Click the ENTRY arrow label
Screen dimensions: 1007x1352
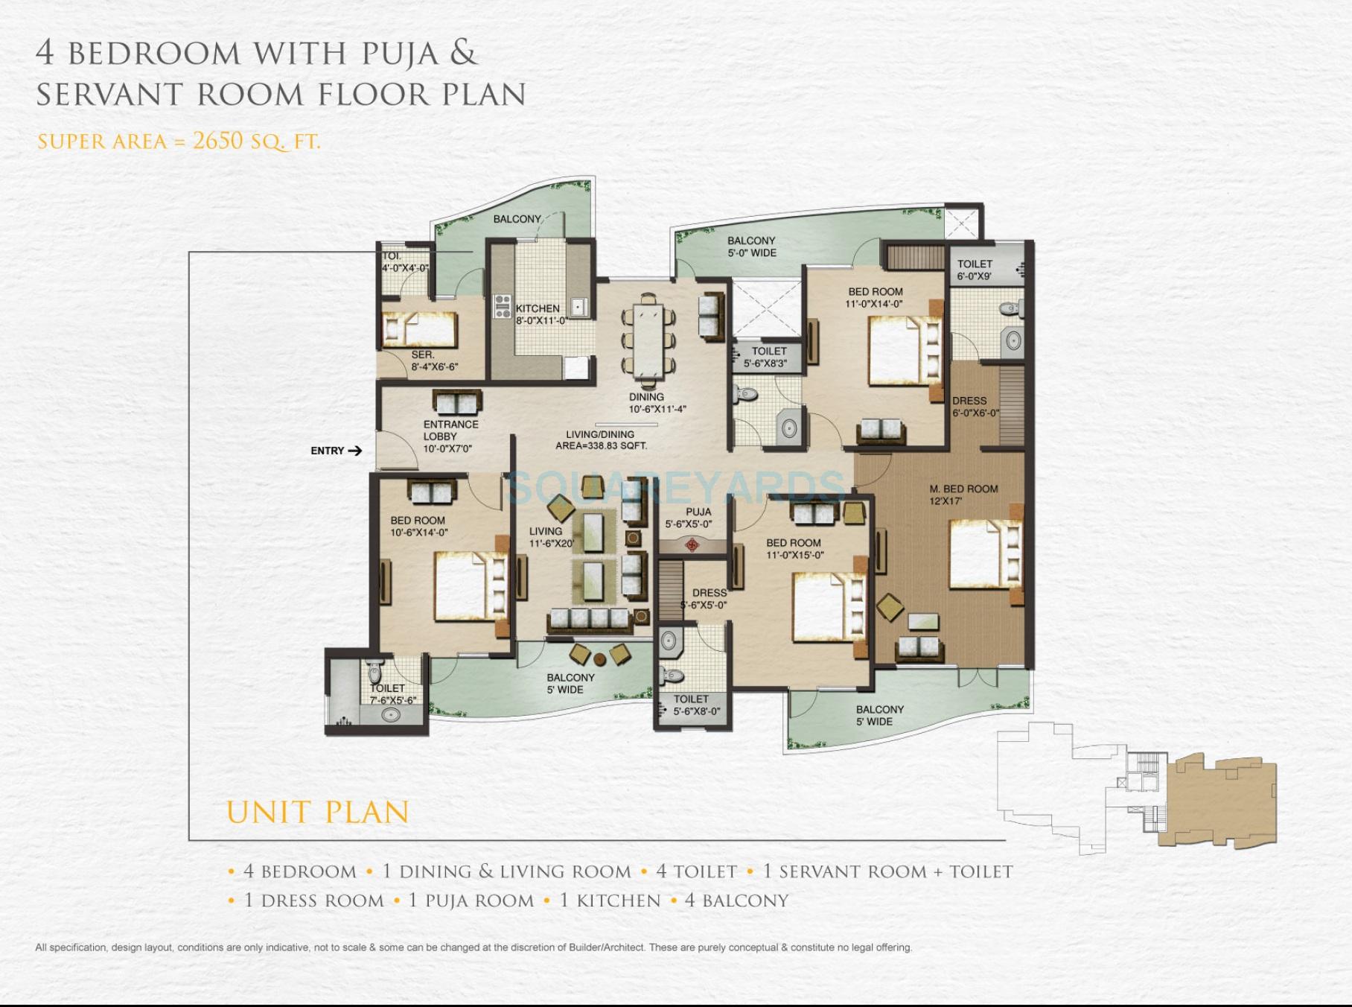(336, 451)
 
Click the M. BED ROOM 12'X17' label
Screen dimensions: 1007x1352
(963, 495)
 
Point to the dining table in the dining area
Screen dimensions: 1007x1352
(648, 339)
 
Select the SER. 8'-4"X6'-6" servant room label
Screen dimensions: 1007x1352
(433, 360)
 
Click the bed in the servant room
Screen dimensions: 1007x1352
(418, 329)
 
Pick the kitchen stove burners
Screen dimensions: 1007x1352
(503, 307)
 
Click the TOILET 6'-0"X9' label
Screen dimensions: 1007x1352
(975, 270)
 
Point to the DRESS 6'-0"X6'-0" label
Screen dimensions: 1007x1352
(974, 406)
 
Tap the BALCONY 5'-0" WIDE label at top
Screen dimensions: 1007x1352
(751, 247)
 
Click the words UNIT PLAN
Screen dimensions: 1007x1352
(318, 812)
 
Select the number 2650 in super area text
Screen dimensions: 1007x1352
(217, 140)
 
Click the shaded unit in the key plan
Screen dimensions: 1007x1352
(1221, 801)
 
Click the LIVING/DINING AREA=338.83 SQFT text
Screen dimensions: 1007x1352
(600, 439)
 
